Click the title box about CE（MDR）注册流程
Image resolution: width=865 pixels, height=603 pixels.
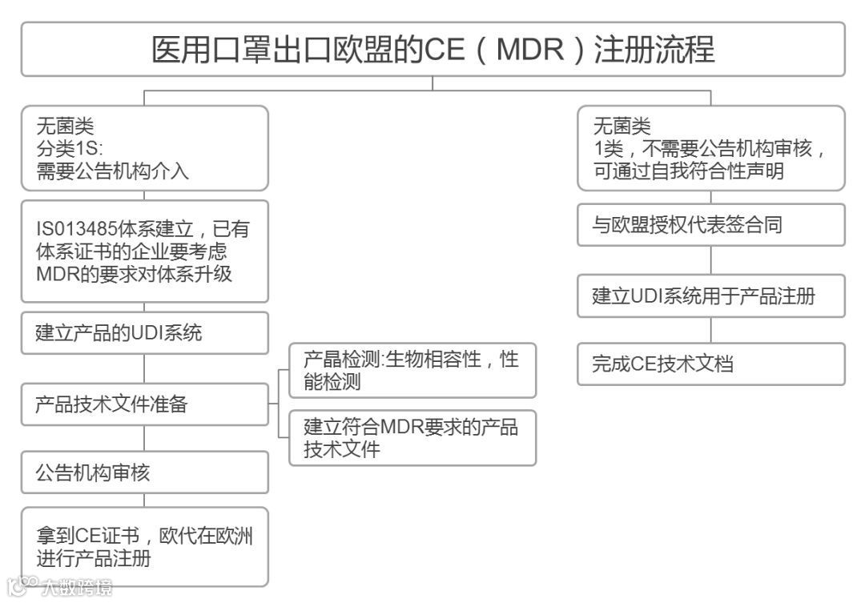pos(432,49)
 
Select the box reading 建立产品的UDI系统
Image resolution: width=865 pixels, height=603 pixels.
pos(145,333)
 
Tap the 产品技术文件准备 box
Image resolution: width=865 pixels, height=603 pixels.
pos(145,404)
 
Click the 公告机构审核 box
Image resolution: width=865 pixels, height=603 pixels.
pos(145,472)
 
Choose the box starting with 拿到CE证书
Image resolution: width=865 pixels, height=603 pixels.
pos(145,547)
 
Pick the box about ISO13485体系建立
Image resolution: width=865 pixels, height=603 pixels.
pos(145,251)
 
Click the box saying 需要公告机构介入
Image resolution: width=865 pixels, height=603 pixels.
pos(145,147)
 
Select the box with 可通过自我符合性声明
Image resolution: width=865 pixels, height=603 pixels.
pos(711,147)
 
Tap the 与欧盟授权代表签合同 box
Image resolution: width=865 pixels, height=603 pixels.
pos(711,225)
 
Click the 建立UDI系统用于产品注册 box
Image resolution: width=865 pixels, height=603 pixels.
pos(711,295)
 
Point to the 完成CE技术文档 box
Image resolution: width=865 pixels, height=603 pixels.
pos(711,364)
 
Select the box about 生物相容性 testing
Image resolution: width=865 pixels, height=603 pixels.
pos(412,370)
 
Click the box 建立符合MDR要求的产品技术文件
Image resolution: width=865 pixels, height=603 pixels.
pos(412,437)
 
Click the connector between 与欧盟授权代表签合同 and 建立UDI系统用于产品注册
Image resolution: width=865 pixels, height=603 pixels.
pos(711,260)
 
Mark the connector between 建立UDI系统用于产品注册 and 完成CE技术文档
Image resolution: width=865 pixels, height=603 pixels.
pos(711,330)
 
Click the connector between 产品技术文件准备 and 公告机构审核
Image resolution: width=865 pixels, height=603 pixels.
pos(145,438)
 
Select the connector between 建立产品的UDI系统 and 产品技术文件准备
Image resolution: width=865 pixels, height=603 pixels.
pos(145,368)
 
